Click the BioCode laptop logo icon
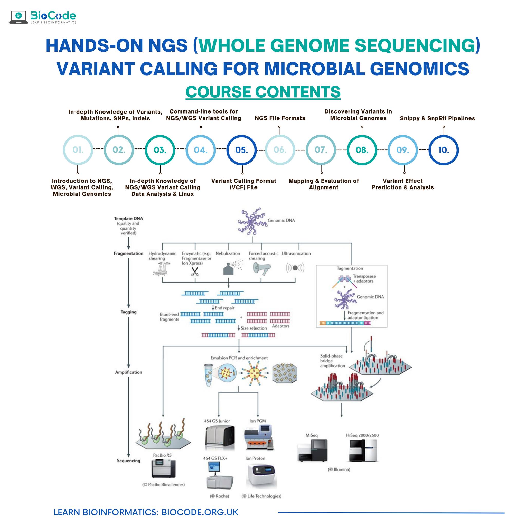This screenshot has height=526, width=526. (18, 17)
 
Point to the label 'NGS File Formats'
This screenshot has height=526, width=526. (280, 118)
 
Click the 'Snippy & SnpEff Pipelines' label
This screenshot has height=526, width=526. (437, 118)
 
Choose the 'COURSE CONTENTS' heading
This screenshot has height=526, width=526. (263, 91)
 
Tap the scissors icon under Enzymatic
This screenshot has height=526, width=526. (195, 271)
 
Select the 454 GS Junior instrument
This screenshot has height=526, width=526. (219, 438)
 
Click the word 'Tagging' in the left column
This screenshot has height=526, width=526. (128, 312)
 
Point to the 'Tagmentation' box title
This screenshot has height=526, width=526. (350, 268)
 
